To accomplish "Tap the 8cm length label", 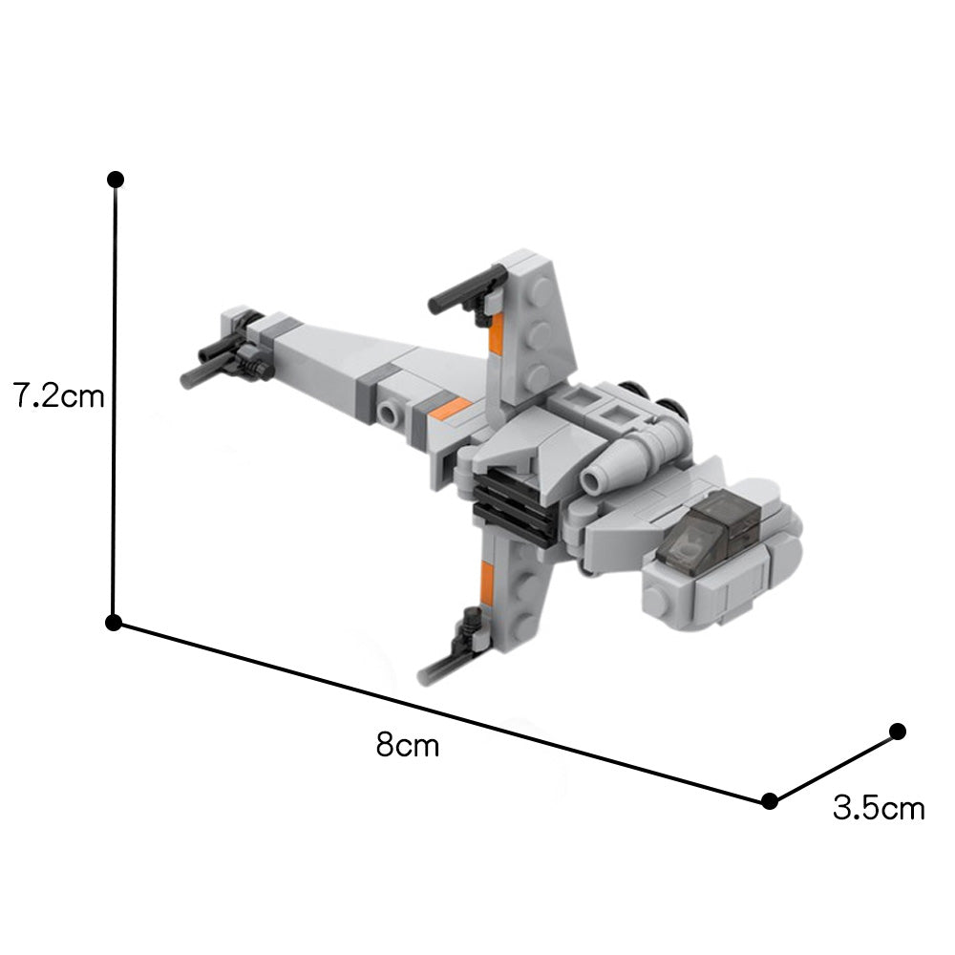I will point(408,744).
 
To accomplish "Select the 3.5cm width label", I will point(879,809).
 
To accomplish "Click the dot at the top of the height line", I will point(116,180).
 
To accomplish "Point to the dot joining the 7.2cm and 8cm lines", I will point(114,623).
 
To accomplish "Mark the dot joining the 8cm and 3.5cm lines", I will point(770,800).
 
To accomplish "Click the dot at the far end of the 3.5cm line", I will point(897,732).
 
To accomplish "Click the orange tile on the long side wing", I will point(450,409).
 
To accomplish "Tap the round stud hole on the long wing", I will point(388,414).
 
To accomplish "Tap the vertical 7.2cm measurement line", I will point(115,401).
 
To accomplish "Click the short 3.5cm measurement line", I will point(834,766).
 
